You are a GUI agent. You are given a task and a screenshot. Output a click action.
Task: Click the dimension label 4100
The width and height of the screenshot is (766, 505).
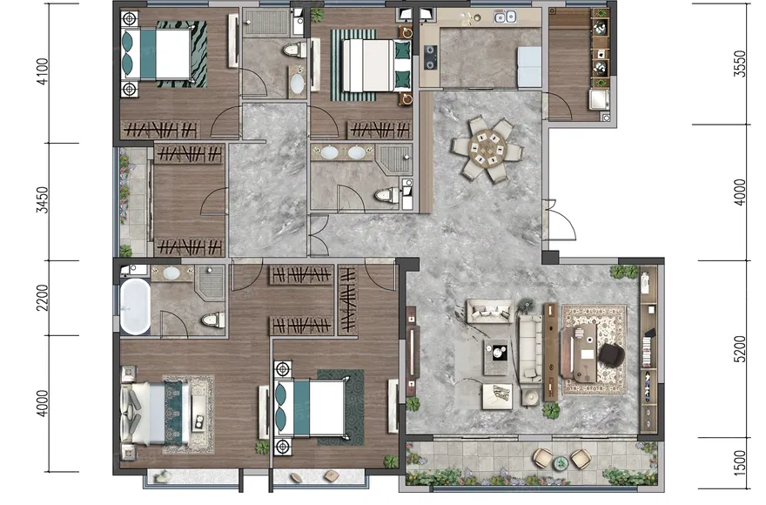(43, 72)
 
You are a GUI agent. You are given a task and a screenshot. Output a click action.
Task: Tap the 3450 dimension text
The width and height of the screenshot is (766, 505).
(43, 199)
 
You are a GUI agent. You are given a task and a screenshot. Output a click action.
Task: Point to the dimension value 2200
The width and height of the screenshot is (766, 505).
(43, 297)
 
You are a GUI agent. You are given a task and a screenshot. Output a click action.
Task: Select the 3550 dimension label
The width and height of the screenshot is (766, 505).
(740, 64)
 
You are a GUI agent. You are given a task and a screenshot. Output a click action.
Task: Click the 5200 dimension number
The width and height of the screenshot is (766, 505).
(740, 349)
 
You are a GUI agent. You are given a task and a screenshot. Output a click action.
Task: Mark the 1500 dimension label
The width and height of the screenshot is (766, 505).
(740, 463)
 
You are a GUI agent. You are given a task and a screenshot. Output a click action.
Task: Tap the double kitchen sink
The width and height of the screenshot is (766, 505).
(505, 17)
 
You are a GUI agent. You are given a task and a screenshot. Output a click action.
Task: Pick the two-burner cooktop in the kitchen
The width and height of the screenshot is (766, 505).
(430, 57)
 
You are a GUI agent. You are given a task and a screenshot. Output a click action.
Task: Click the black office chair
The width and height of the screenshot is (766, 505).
(612, 353)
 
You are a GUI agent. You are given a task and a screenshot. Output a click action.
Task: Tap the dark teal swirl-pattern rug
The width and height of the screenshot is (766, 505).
(341, 407)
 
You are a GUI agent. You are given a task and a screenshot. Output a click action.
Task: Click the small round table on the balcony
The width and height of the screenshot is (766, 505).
(561, 462)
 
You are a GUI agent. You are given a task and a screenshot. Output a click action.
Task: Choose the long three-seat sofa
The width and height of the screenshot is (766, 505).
(530, 348)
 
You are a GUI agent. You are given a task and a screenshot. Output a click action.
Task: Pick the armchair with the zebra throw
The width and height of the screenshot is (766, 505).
(497, 395)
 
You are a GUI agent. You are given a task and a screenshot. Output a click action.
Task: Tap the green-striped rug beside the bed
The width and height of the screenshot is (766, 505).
(353, 65)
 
